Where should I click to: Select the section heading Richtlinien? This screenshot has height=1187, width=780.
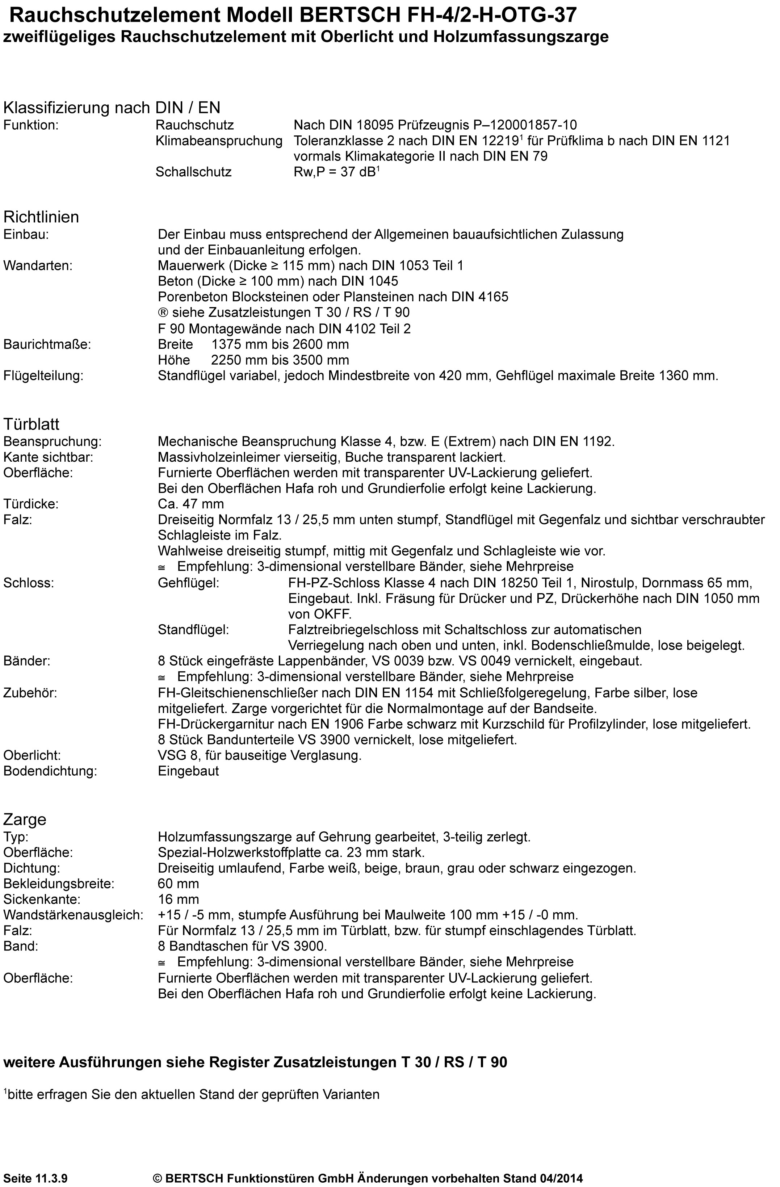[41, 217]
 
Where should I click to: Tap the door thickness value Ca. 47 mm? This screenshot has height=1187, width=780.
[190, 504]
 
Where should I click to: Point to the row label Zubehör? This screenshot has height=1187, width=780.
[30, 693]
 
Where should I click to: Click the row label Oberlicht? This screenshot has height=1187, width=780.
[32, 756]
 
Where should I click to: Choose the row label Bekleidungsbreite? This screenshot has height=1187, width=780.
[59, 884]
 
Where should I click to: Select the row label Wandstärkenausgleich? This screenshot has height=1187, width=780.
[73, 915]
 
